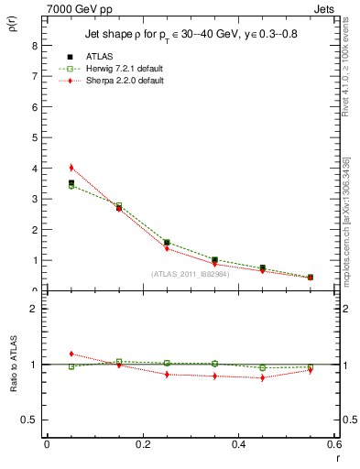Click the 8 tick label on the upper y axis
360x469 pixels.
(x=34, y=45)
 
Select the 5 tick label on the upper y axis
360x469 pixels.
(x=34, y=137)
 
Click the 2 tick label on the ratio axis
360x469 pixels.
(x=34, y=309)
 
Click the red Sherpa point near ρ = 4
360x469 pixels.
(x=71, y=168)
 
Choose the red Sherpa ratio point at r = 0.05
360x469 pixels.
(x=71, y=354)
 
